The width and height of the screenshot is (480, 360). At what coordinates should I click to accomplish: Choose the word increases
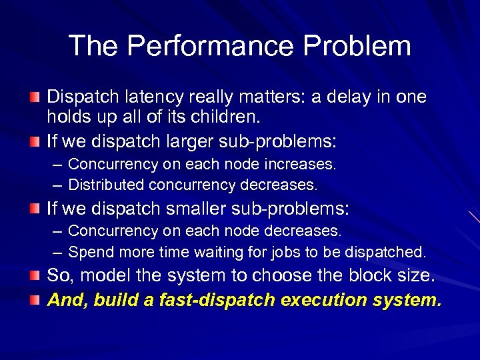(306, 164)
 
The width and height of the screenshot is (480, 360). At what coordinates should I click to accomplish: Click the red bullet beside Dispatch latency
(35, 98)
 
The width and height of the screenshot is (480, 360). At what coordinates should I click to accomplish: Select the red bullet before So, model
(35, 275)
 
